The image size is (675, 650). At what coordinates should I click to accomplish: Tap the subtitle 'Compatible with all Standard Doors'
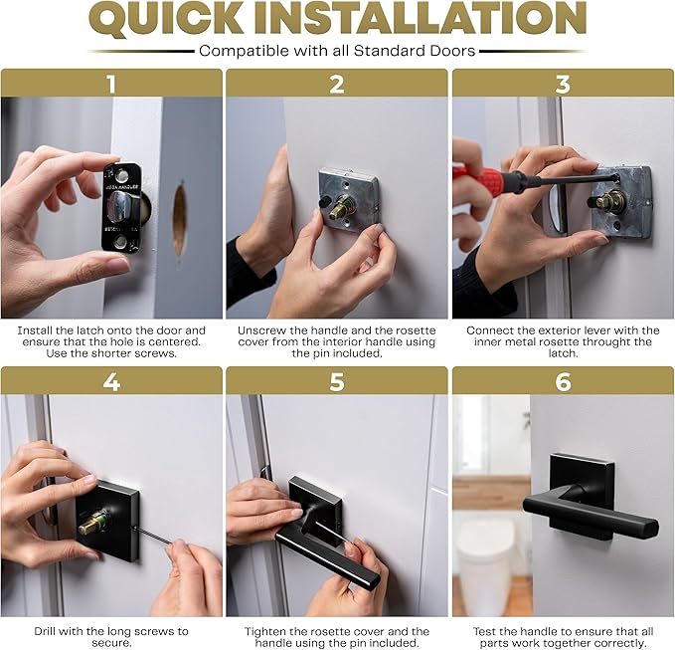pos(337,51)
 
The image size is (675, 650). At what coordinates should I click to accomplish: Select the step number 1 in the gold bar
pos(111,84)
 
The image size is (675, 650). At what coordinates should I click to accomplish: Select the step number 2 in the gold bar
pos(337,84)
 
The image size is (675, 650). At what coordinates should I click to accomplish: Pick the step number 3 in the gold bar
pos(563,84)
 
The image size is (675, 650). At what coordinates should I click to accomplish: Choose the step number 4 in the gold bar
pos(111,382)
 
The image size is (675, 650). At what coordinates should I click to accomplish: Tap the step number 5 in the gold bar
pos(337,382)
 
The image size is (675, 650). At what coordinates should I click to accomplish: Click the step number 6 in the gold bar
pos(563,382)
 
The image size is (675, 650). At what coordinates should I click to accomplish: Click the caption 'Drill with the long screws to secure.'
pos(111,637)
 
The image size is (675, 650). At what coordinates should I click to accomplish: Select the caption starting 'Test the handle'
pos(563,637)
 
